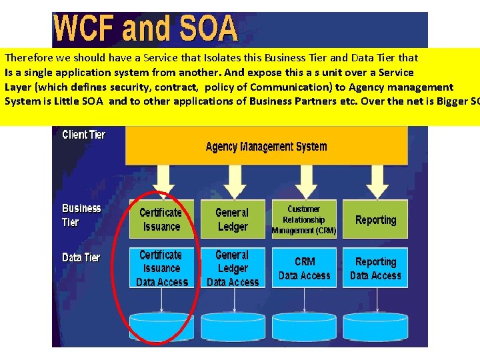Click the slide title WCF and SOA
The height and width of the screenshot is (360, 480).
(x=145, y=29)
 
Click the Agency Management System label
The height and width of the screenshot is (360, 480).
(x=266, y=147)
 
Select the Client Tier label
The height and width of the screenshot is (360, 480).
(x=83, y=135)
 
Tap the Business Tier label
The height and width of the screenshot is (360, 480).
(x=81, y=215)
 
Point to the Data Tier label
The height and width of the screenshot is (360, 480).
(x=81, y=257)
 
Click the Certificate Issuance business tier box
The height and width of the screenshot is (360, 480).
(x=161, y=219)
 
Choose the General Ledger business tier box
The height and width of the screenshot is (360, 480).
(x=232, y=219)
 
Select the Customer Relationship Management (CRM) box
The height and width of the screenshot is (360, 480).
(x=304, y=219)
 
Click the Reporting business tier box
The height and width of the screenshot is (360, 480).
(x=375, y=219)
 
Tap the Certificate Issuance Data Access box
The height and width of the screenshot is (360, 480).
(x=161, y=268)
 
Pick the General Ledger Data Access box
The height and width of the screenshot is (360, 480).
(x=232, y=268)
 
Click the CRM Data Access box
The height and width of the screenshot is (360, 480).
(x=304, y=268)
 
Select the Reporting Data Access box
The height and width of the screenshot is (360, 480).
(x=375, y=268)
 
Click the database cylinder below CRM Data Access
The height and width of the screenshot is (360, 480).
(x=304, y=327)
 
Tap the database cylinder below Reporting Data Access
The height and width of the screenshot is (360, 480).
(x=375, y=327)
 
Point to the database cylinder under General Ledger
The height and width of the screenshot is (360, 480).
(x=232, y=327)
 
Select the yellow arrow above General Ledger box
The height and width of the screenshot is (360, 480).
(x=233, y=181)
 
